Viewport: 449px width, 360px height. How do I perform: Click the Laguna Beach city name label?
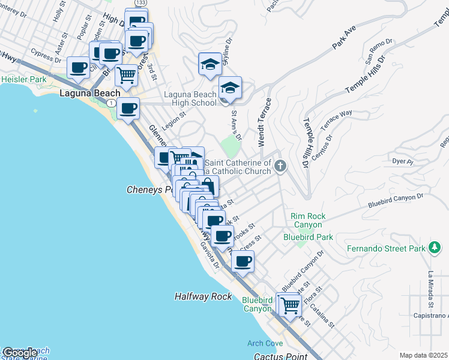[x=90, y=94]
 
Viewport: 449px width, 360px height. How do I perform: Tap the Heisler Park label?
[x=24, y=79]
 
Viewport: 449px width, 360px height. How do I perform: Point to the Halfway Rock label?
[x=203, y=296]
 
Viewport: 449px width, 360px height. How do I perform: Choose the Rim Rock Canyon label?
[x=307, y=220]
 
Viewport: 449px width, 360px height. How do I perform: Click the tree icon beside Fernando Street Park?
[x=434, y=247]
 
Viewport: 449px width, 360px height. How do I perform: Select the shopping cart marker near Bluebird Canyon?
[x=290, y=304]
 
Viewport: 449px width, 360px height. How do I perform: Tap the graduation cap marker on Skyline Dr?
[x=210, y=64]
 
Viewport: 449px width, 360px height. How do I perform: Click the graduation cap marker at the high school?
[x=230, y=88]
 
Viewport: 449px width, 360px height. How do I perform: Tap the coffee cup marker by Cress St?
[x=243, y=262]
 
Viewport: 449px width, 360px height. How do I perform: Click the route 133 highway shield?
[x=140, y=3]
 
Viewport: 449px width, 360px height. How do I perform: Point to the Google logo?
[x=19, y=353]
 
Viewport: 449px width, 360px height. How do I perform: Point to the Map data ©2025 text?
[x=423, y=355]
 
